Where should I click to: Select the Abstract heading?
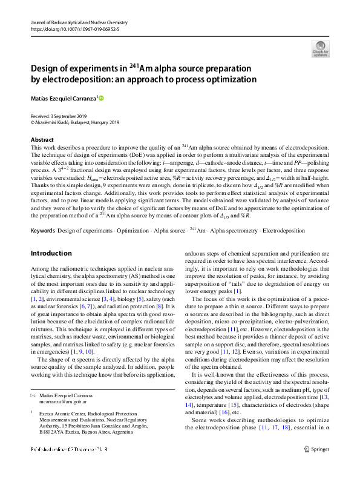[42, 139]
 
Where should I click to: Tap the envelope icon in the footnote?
[33, 394]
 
